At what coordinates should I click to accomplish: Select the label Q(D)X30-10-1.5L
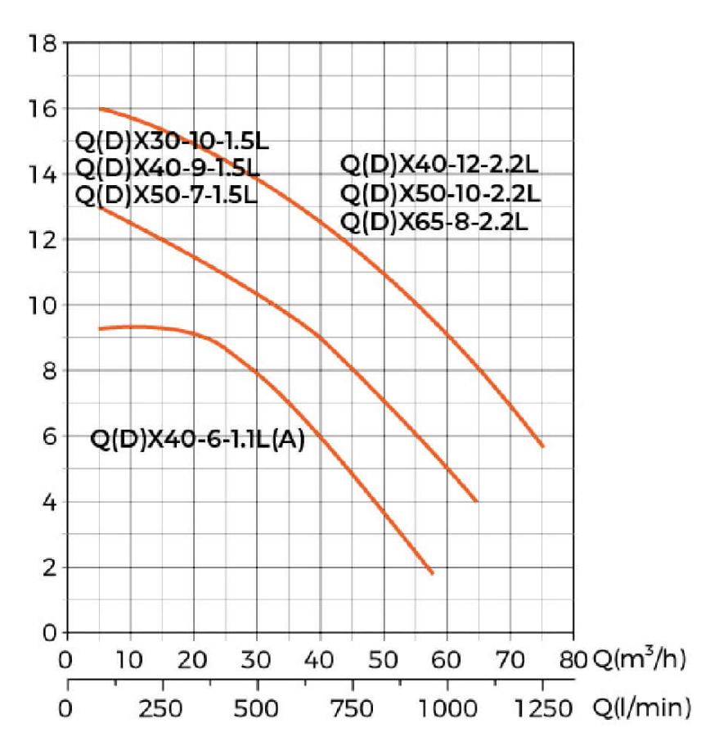point(172,140)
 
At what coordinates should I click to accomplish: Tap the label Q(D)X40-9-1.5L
point(168,168)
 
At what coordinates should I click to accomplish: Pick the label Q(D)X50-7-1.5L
point(166,195)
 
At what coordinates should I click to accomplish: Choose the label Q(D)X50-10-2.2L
point(440,194)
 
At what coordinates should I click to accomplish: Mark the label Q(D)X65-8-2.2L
point(434,221)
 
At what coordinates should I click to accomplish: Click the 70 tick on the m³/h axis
point(510,660)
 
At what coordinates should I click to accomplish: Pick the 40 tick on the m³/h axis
point(320,660)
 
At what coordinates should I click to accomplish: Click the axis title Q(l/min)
point(640,706)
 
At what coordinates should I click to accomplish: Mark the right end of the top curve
point(542,446)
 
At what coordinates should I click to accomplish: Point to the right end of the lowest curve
point(431,573)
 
